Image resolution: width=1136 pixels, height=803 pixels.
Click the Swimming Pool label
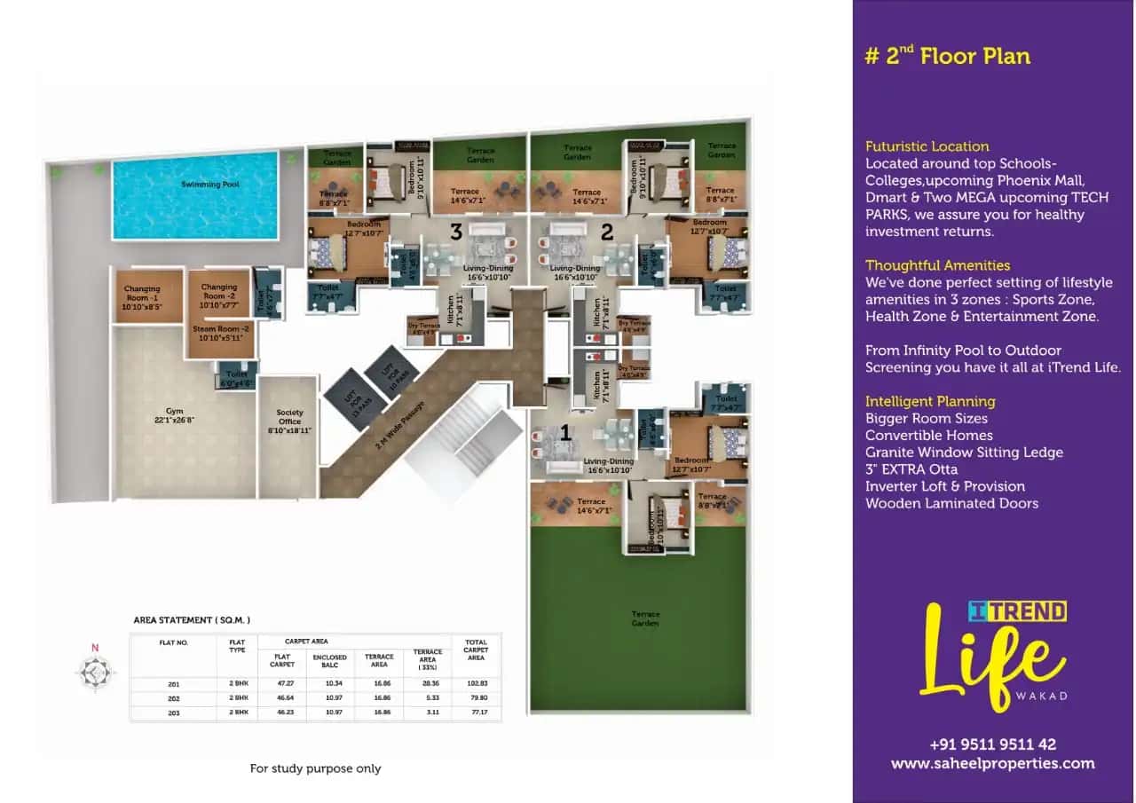(x=198, y=184)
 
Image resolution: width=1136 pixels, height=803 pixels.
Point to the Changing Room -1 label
(x=142, y=293)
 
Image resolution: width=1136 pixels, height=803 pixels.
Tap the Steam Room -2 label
(x=218, y=333)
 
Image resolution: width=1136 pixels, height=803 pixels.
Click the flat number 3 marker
(x=456, y=232)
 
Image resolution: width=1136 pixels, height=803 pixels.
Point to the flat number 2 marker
(x=607, y=232)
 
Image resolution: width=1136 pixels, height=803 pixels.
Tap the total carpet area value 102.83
(x=476, y=684)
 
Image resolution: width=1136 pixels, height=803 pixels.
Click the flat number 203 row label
(x=173, y=712)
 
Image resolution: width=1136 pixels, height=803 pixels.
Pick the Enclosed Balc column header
(x=329, y=660)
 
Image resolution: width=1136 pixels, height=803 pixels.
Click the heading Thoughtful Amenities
(x=937, y=265)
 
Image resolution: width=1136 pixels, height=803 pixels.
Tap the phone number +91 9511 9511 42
(x=992, y=744)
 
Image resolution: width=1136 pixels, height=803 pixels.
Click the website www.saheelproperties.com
(x=992, y=763)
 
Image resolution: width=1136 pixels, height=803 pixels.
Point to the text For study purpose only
(x=315, y=768)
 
